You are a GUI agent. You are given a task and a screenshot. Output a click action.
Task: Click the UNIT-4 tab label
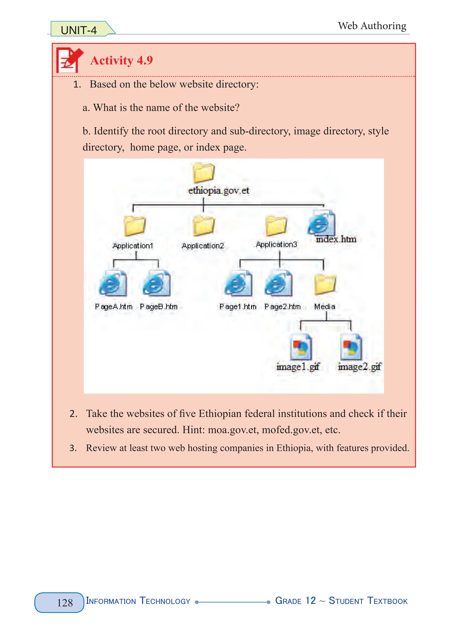click(x=79, y=30)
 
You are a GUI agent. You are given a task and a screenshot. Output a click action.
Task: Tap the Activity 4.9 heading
click(x=121, y=60)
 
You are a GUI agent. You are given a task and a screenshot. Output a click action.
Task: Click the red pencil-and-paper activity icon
click(x=69, y=60)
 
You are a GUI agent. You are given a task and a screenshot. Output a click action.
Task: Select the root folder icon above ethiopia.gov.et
click(x=203, y=172)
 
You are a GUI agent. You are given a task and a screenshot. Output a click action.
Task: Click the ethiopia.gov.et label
click(x=219, y=190)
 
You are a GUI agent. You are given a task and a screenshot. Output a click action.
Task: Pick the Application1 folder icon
click(x=135, y=226)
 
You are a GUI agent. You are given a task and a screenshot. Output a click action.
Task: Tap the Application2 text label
click(x=203, y=246)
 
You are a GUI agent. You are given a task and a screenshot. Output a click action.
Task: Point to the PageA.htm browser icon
click(x=113, y=283)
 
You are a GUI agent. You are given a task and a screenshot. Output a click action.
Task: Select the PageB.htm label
click(x=159, y=306)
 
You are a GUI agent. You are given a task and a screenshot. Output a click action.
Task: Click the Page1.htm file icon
click(x=238, y=283)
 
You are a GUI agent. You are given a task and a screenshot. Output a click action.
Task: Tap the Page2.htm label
click(x=283, y=306)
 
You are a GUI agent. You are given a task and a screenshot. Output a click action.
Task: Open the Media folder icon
click(x=325, y=284)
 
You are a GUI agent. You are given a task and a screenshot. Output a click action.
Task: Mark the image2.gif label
click(x=359, y=366)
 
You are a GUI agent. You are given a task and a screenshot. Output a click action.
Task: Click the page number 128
click(x=65, y=603)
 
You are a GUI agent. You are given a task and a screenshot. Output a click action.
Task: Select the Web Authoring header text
click(x=372, y=26)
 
